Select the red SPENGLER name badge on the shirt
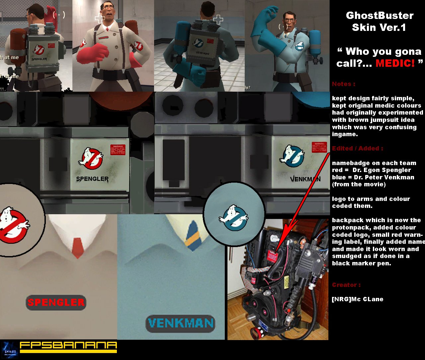coord(56,302)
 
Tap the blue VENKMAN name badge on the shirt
coord(180,323)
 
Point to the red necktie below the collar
coord(78,247)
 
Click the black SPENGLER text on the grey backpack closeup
coord(92,179)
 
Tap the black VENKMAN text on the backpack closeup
coord(305,179)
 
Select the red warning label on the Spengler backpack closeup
coord(118,150)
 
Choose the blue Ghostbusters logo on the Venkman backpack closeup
coord(292,156)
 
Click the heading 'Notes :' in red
coord(343,84)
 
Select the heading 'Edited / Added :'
coord(357,148)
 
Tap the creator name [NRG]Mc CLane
coord(358,299)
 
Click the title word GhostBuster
coord(380,16)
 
